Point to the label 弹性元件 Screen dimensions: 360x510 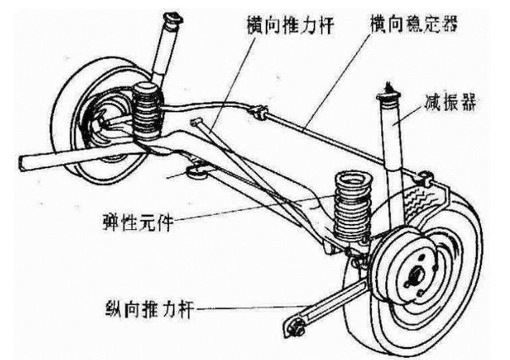pos(140,217)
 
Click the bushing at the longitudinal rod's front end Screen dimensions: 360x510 pos(294,327)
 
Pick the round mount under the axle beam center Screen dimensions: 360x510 pos(195,171)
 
